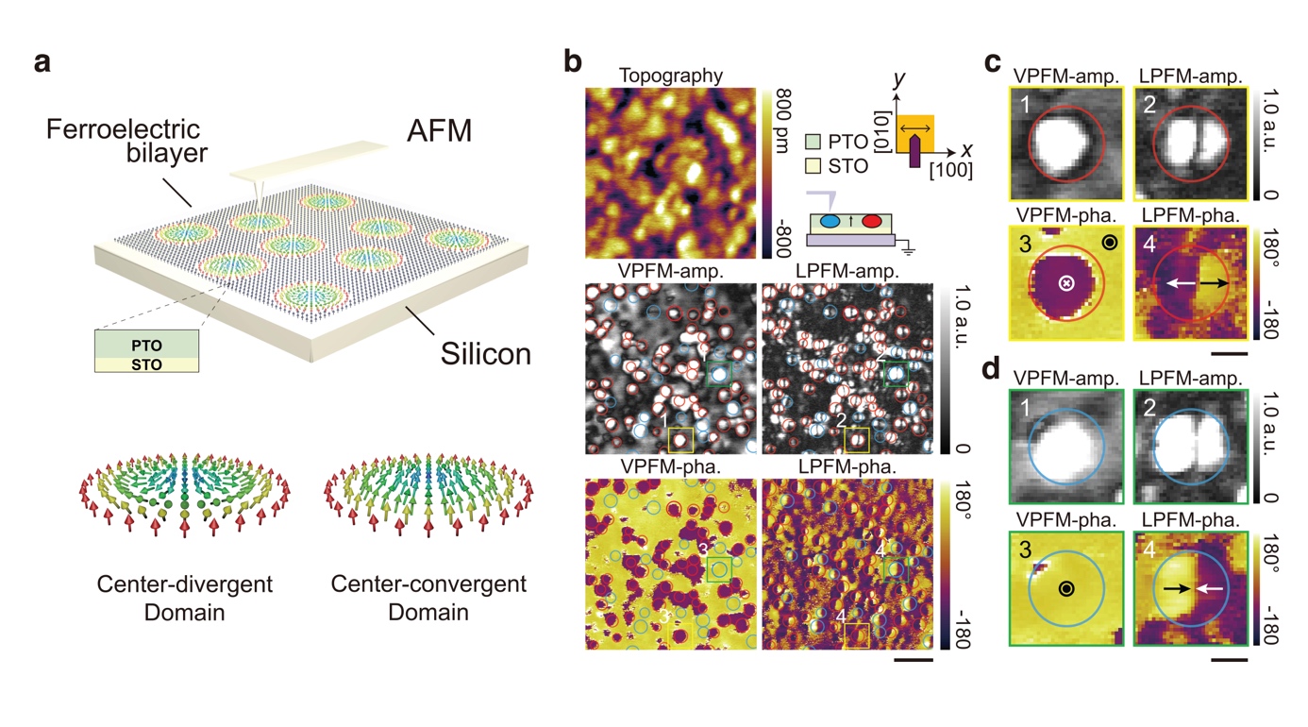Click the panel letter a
(42, 64)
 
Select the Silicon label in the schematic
(487, 354)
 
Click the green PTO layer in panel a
(146, 345)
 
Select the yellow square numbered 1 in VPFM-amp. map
(680, 440)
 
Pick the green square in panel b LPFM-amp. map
(892, 375)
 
